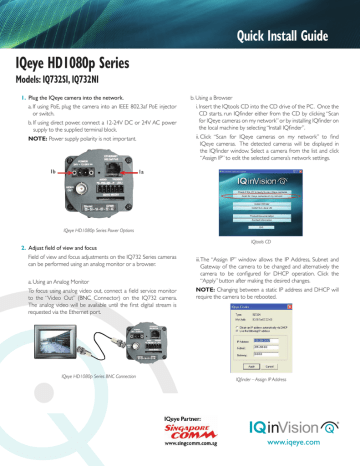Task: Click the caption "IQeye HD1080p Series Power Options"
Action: click(x=91, y=229)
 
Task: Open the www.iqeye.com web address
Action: click(x=300, y=453)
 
